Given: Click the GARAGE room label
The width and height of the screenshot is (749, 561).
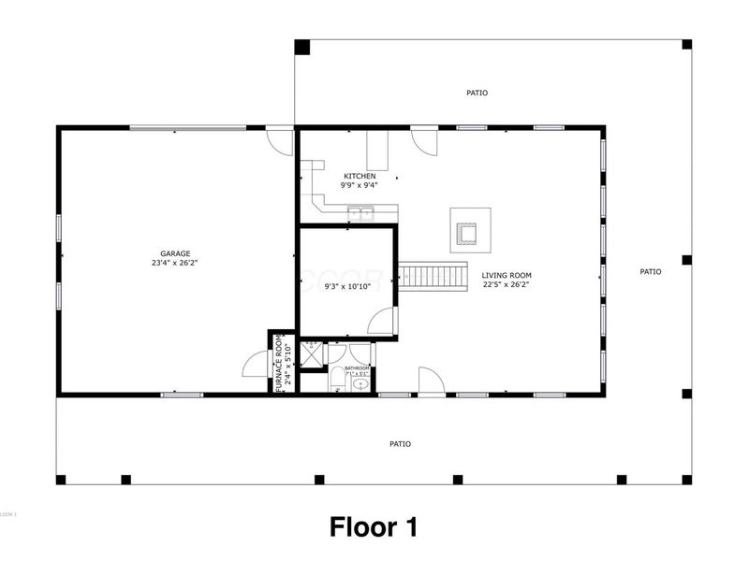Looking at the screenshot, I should (x=175, y=253).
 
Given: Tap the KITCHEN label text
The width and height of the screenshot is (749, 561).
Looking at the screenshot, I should (x=360, y=176).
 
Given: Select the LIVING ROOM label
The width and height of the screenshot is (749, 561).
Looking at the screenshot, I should (x=507, y=276).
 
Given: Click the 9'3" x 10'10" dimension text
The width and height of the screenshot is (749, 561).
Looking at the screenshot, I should (x=347, y=286).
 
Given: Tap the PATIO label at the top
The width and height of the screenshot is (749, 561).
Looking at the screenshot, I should (x=477, y=93).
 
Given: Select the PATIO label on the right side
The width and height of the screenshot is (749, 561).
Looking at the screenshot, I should (x=651, y=271).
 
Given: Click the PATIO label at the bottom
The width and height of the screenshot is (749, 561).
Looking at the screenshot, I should (x=400, y=443).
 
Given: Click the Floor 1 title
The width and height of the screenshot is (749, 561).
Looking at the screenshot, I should (x=373, y=526).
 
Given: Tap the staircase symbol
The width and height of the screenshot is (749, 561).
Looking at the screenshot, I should (x=433, y=277).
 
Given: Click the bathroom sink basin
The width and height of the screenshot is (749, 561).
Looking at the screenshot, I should (x=360, y=385).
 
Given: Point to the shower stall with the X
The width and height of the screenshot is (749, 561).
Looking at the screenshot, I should (x=312, y=352).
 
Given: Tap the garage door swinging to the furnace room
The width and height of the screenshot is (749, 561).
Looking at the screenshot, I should (x=256, y=365).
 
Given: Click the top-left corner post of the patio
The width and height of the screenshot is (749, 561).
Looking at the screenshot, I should (x=301, y=47).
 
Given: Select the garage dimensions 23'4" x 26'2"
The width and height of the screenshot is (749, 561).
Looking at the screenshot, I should (x=175, y=264).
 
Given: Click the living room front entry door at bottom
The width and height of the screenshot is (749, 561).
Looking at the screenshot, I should (x=430, y=381).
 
